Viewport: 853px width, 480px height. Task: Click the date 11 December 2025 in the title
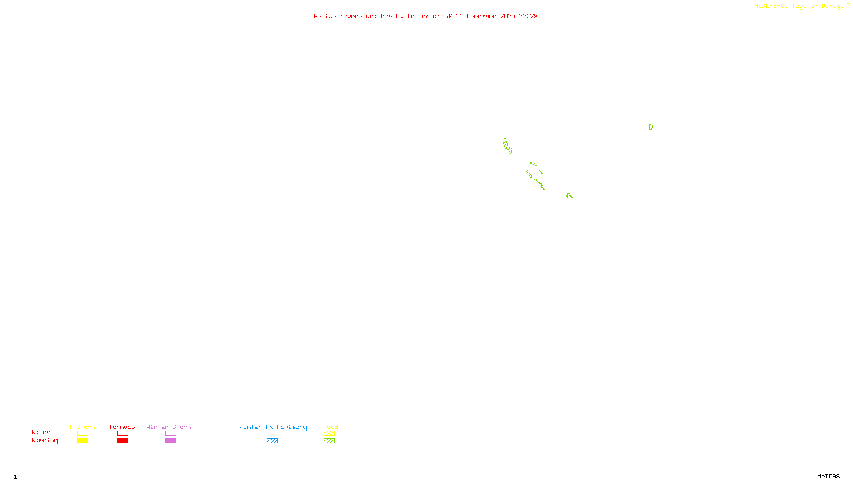pos(485,16)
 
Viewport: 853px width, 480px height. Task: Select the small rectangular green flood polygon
pos(651,127)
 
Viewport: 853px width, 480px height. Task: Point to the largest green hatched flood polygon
pos(508,146)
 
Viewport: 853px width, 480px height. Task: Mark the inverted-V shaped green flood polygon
pos(569,196)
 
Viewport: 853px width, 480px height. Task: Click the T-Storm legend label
pos(82,427)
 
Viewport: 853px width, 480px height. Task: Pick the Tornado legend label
pos(122,427)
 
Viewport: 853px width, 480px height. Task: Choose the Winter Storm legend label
pos(168,427)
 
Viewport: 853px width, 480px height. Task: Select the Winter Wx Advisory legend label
pos(273,427)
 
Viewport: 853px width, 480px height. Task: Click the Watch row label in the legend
pos(41,432)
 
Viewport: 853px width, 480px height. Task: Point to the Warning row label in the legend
pos(44,441)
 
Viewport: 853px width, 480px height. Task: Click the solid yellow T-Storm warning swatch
pos(83,441)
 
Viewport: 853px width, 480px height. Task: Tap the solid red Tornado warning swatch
pos(123,441)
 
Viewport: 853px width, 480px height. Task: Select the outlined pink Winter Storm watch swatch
pos(171,434)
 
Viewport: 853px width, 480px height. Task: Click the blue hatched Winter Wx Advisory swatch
pos(272,441)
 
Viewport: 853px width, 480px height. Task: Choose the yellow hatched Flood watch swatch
pos(329,434)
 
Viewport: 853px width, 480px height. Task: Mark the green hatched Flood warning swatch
pos(329,441)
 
